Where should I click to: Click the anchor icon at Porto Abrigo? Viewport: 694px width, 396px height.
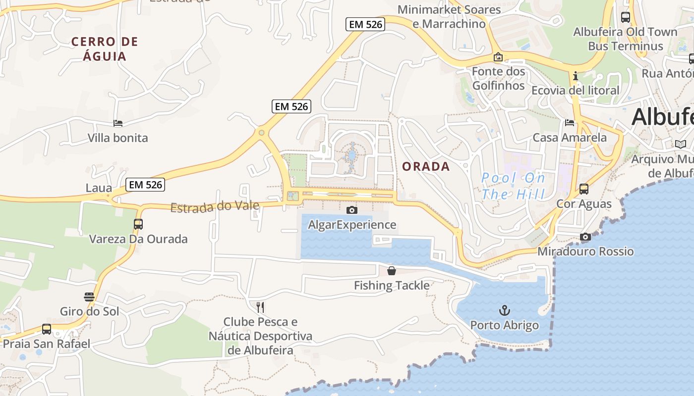504,310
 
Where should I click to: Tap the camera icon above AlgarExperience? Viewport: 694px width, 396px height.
352,210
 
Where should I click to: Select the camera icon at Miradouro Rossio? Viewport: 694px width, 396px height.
585,237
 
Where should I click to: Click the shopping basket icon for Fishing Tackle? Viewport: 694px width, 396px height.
392,271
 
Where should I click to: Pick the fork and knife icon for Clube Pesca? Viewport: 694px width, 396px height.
260,307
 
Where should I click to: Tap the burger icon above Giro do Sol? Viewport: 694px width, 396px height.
89,297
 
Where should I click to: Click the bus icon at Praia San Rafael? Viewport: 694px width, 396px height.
47,329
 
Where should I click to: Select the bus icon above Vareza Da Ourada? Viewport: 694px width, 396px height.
138,224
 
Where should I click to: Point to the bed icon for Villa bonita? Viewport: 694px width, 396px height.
118,123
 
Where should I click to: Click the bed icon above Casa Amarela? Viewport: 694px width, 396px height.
570,123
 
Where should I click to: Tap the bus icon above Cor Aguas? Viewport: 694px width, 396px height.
584,189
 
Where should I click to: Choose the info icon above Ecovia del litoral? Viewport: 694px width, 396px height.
576,76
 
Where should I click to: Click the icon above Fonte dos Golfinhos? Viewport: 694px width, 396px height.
498,57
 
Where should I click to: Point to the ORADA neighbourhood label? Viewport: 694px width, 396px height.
426,167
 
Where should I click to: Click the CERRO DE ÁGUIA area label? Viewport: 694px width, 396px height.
105,49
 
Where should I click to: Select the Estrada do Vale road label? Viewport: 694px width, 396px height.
215,206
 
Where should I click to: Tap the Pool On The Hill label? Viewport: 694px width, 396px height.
514,186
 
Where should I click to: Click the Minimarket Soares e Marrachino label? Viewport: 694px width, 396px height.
449,16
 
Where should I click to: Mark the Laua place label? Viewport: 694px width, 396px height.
99,188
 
